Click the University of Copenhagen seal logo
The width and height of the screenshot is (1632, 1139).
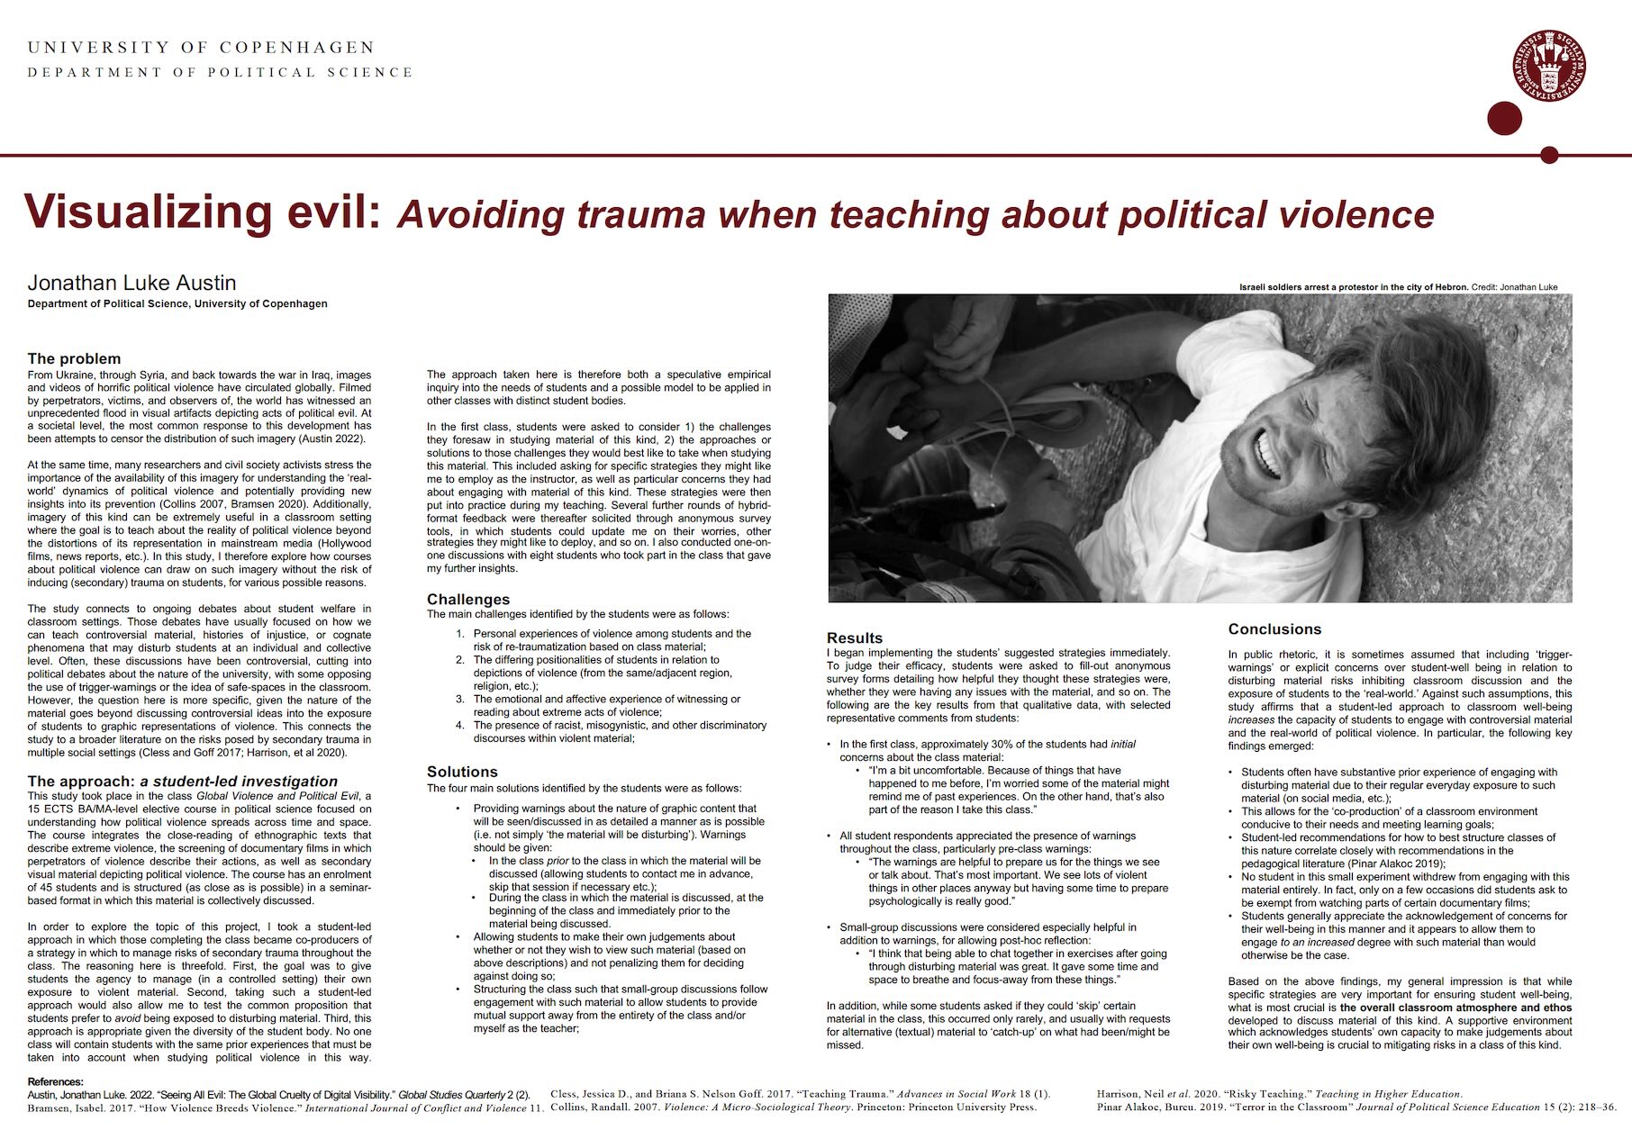(1549, 67)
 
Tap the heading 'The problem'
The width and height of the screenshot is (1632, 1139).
(74, 358)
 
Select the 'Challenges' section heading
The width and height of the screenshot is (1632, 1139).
(468, 599)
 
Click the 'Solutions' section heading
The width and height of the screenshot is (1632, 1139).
(462, 772)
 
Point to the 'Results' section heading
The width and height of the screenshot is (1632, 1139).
(855, 637)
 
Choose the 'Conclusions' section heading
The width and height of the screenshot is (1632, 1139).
(1274, 628)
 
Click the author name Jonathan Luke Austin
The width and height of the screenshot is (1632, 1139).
(131, 283)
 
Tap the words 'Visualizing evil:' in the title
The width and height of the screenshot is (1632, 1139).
(203, 212)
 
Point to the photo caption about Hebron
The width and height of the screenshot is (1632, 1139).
(1398, 287)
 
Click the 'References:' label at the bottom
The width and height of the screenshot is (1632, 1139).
(56, 1081)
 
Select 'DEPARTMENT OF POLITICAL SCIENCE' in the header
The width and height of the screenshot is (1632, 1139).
(220, 72)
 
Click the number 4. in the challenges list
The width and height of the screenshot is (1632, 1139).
(460, 725)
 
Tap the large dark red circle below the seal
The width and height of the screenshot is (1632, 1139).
(1504, 119)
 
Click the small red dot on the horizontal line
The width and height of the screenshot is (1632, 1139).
(1549, 155)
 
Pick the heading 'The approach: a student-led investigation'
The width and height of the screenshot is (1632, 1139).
(183, 781)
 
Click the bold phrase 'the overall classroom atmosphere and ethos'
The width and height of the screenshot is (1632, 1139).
(1455, 1008)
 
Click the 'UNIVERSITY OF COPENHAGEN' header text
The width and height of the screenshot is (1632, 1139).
(201, 47)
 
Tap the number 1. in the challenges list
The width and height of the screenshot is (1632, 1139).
(460, 634)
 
